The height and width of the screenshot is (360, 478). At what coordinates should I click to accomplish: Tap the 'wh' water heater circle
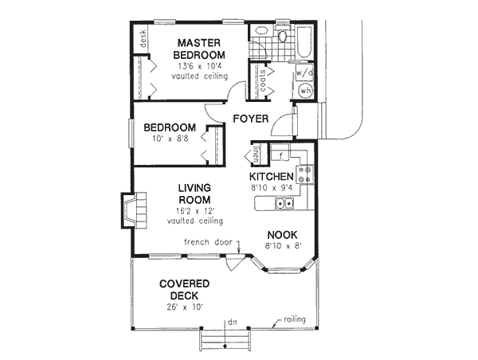(x=305, y=91)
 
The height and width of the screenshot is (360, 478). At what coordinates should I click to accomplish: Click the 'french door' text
(x=202, y=241)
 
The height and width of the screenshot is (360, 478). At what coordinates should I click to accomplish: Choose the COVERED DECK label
(x=184, y=289)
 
